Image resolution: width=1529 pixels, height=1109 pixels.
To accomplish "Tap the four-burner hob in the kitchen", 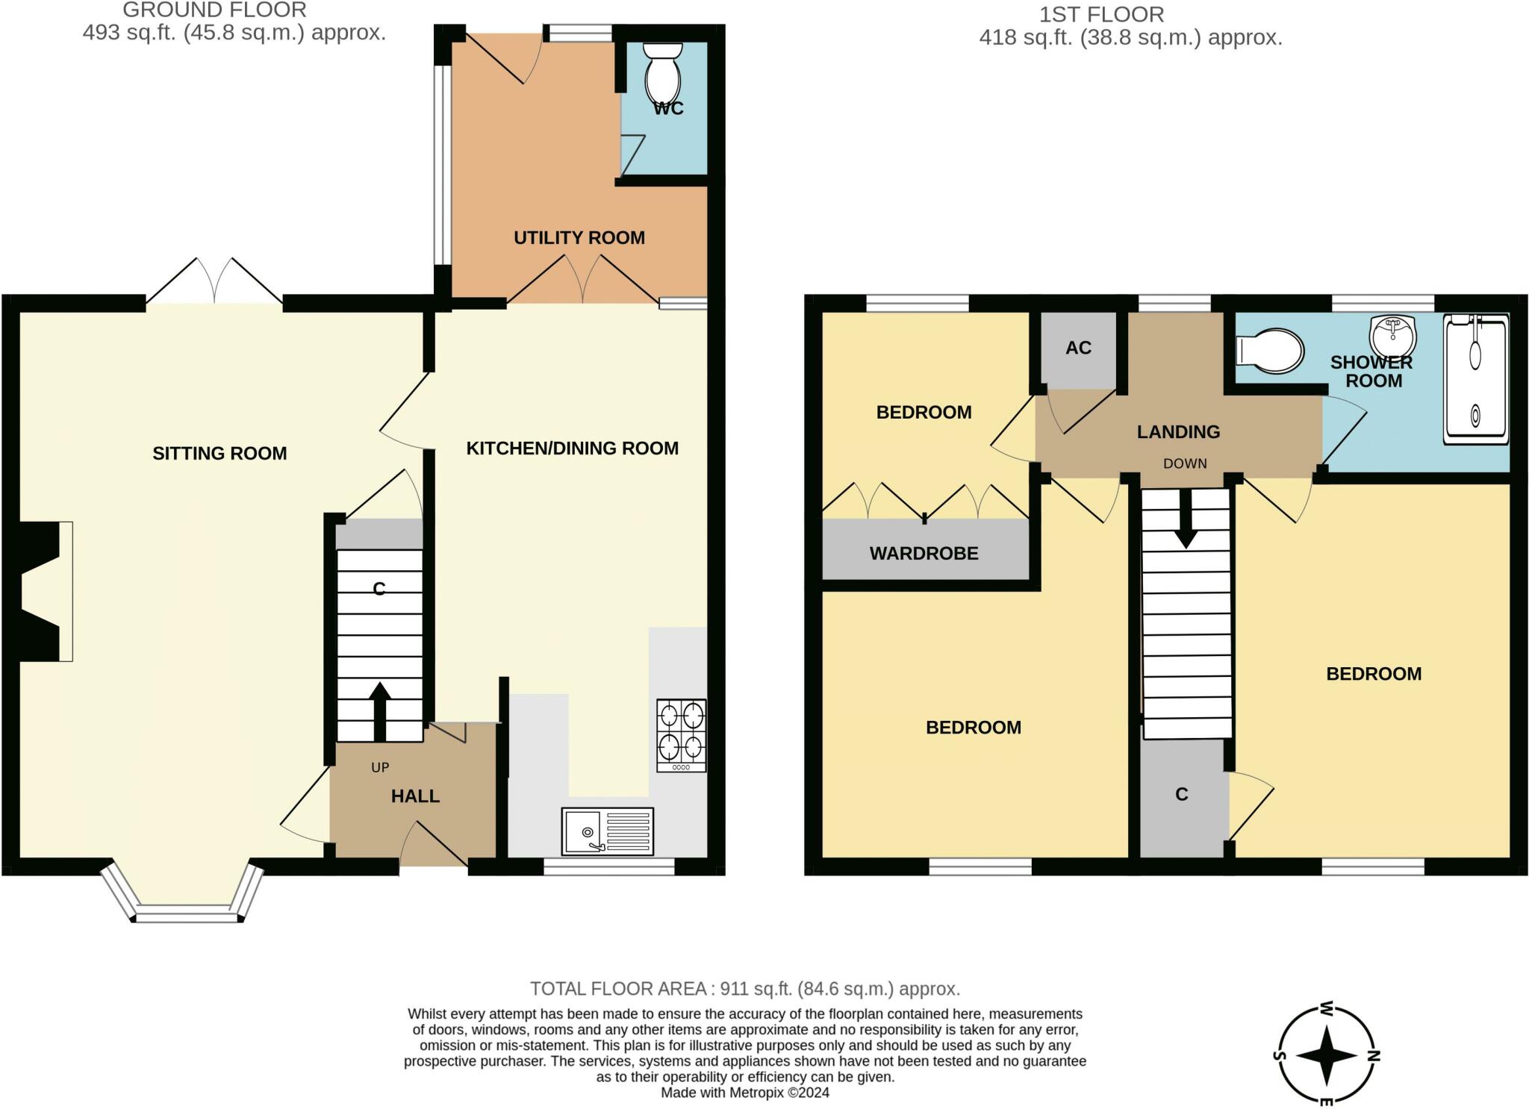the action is (681, 735).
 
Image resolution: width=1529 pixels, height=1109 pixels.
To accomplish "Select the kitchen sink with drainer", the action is (608, 831).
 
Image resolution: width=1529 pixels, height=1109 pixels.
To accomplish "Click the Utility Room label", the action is (579, 238).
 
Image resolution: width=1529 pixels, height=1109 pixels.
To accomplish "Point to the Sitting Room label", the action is (219, 454).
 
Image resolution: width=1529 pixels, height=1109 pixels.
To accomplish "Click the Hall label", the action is (415, 796).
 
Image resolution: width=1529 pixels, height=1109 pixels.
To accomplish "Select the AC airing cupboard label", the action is (1078, 348).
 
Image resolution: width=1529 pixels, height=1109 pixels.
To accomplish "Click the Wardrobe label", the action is (924, 554).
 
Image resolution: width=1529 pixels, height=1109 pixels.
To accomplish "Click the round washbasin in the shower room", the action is (1393, 337).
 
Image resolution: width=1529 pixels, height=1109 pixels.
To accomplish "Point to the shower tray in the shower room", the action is (1476, 379).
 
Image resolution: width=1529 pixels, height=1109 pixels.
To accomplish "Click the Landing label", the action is (1178, 432).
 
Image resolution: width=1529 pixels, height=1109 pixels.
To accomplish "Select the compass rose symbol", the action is (1327, 1055).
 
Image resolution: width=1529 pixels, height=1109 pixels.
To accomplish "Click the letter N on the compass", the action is (1374, 1055).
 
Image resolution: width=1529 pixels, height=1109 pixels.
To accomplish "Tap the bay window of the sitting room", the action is (183, 896).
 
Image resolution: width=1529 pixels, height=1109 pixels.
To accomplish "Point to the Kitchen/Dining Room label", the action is (573, 449).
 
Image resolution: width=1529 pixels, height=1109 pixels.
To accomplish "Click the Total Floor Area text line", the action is (745, 989).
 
